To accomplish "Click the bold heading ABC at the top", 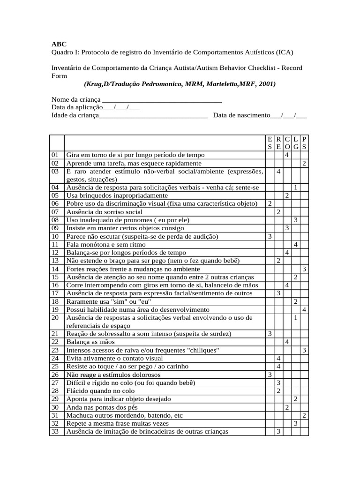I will coord(59,44).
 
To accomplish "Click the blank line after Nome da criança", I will coord(162,99).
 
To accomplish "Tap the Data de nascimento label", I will coord(241,115).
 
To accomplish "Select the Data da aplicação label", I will coord(77,107).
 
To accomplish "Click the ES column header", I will coord(270,142).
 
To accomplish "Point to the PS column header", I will coord(304,142).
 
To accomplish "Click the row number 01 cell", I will coord(56,155).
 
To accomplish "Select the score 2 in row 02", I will coord(304,163).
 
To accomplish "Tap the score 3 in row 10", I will coord(270,236).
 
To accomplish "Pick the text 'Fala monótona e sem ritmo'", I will coord(106,244).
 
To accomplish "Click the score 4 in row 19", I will coord(304,310).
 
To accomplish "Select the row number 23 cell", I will coord(56,350).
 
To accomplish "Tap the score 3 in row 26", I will coord(270,375).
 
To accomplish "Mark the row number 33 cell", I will coord(56,431).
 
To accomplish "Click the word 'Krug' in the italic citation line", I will coord(94,84).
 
